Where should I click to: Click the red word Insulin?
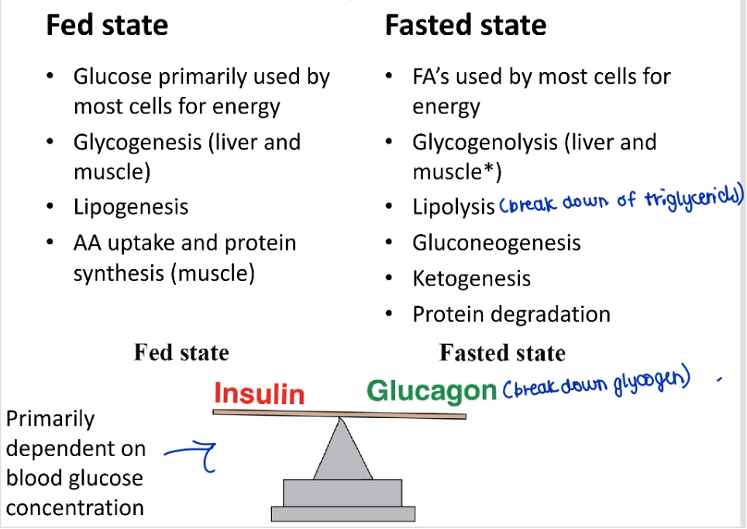259,394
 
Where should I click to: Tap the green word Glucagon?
431,391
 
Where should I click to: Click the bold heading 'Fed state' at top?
107,26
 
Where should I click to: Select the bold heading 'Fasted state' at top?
466,26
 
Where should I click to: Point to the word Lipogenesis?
131,207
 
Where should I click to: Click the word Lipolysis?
453,207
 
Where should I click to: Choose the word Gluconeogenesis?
497,243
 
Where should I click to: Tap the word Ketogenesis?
472,278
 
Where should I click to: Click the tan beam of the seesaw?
339,413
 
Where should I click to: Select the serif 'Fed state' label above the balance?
181,353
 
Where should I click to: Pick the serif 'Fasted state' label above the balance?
502,354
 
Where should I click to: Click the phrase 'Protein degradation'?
511,314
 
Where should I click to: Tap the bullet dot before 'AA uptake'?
50,243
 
